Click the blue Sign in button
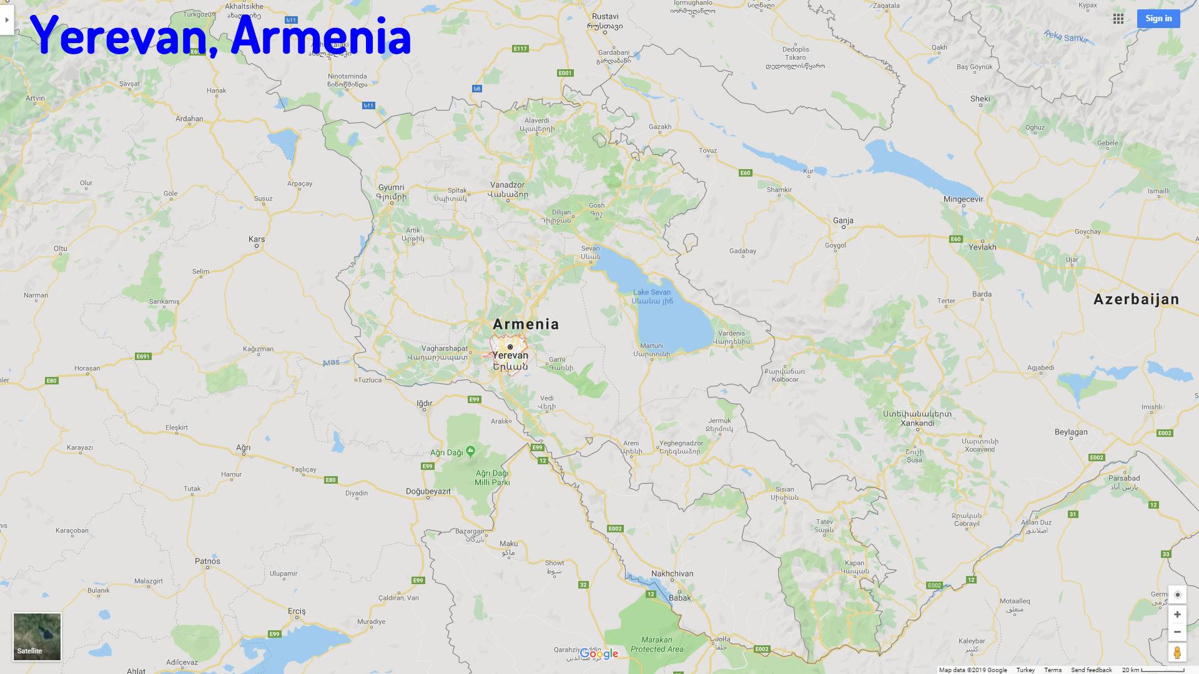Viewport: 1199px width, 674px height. pyautogui.click(x=1158, y=19)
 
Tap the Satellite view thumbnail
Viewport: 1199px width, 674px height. pyautogui.click(x=37, y=637)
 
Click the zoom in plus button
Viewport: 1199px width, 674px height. pyautogui.click(x=1177, y=615)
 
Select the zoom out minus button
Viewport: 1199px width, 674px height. pyautogui.click(x=1177, y=632)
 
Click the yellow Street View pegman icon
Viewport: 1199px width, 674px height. pyautogui.click(x=1177, y=653)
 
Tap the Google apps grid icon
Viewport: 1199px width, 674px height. pyautogui.click(x=1118, y=19)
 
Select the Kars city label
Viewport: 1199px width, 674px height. pyautogui.click(x=257, y=239)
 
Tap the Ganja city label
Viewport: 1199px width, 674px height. pyautogui.click(x=843, y=220)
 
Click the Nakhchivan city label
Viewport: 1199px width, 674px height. pyautogui.click(x=672, y=574)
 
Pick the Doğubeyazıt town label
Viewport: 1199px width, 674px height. pyautogui.click(x=428, y=491)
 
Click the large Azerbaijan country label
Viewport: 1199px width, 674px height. pyautogui.click(x=1136, y=300)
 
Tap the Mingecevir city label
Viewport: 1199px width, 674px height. pyautogui.click(x=964, y=200)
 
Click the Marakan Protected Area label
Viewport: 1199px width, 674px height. pyautogui.click(x=657, y=644)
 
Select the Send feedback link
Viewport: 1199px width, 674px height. pyautogui.click(x=1092, y=670)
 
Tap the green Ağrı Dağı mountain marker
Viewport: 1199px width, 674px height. pyautogui.click(x=471, y=451)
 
